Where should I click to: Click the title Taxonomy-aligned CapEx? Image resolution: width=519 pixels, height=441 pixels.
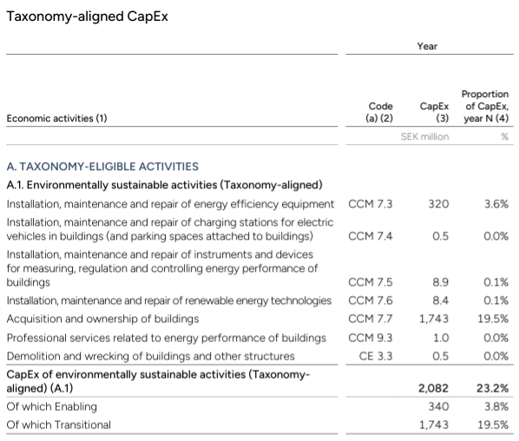[x=88, y=16]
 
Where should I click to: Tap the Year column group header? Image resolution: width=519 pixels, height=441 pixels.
[x=427, y=46]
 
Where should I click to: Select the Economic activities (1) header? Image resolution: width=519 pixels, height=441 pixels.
[x=57, y=118]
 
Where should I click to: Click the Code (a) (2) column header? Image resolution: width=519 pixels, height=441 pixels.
[x=379, y=112]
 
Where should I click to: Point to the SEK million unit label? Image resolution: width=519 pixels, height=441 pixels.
[x=424, y=136]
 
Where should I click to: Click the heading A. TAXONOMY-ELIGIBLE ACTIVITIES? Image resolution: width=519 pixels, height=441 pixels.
[x=102, y=166]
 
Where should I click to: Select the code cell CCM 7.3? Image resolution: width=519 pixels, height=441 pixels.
[x=370, y=204]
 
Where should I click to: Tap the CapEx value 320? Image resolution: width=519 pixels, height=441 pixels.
[x=438, y=204]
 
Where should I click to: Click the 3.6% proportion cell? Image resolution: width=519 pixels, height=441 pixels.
[x=496, y=204]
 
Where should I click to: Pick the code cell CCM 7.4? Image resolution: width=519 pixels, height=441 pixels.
[x=370, y=236]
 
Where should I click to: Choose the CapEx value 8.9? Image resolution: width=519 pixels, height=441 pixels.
[x=441, y=282]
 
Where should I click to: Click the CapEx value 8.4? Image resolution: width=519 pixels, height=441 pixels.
[x=441, y=300]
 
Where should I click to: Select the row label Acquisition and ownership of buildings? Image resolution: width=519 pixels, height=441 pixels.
[x=103, y=319]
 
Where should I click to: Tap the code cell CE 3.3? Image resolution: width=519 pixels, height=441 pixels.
[x=376, y=356]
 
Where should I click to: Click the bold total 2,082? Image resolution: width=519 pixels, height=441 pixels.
[x=433, y=388]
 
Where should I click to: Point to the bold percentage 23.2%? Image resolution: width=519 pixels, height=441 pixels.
[x=492, y=388]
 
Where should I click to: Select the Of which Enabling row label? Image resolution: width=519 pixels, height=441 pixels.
[x=51, y=406]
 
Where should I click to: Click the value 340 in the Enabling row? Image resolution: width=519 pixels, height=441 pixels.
[x=438, y=406]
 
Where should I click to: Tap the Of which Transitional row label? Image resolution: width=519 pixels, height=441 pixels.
[x=59, y=425]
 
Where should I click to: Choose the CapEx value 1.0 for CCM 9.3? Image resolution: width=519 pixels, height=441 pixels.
[x=441, y=338]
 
